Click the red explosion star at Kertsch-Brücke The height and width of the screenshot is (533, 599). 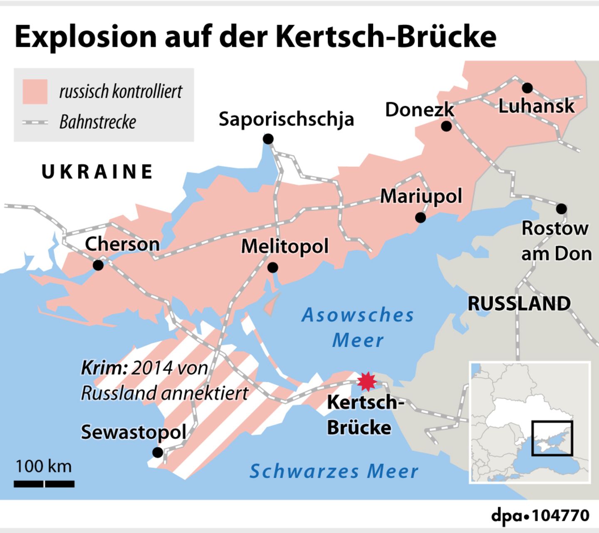pyautogui.click(x=366, y=382)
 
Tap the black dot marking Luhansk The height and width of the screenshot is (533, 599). pyautogui.click(x=527, y=88)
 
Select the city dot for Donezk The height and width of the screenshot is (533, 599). pyautogui.click(x=446, y=126)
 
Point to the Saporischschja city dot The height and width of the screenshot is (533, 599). pyautogui.click(x=268, y=139)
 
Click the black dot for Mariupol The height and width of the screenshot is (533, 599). pyautogui.click(x=421, y=217)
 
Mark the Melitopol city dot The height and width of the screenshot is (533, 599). pyautogui.click(x=272, y=268)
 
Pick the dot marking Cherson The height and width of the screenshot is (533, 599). pyautogui.click(x=98, y=265)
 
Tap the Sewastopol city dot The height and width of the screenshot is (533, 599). pyautogui.click(x=158, y=452)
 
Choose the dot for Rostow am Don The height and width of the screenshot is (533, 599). pyautogui.click(x=561, y=208)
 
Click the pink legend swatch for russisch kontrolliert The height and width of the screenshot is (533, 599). pyautogui.click(x=35, y=91)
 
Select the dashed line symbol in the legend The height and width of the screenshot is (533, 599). pyautogui.click(x=35, y=122)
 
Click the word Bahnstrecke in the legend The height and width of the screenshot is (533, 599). pyautogui.click(x=98, y=122)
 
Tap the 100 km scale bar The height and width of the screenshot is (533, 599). pyautogui.click(x=44, y=484)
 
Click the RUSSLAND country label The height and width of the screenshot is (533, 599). pyautogui.click(x=519, y=303)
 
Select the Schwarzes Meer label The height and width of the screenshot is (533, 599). pyautogui.click(x=334, y=471)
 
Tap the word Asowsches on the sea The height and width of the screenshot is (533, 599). pyautogui.click(x=358, y=315)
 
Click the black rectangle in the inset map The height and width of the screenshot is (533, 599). pyautogui.click(x=552, y=438)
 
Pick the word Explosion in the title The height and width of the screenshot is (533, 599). pyautogui.click(x=86, y=37)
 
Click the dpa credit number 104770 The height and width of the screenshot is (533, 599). pyautogui.click(x=560, y=516)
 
